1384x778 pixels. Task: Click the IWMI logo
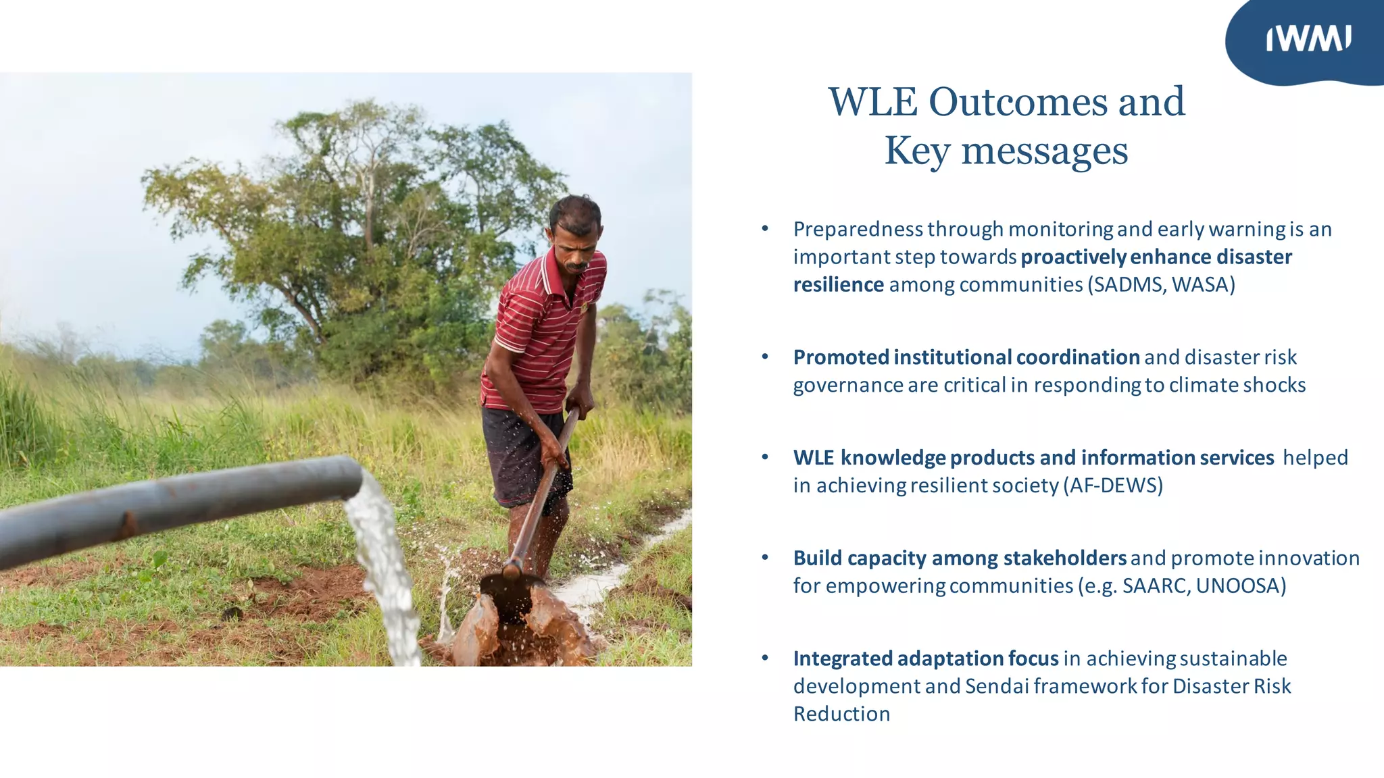1308,38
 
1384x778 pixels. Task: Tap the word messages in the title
1045,151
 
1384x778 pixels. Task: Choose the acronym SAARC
1153,586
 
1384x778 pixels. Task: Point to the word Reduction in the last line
841,714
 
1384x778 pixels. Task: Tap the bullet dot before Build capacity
765,558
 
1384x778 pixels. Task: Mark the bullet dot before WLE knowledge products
765,457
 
